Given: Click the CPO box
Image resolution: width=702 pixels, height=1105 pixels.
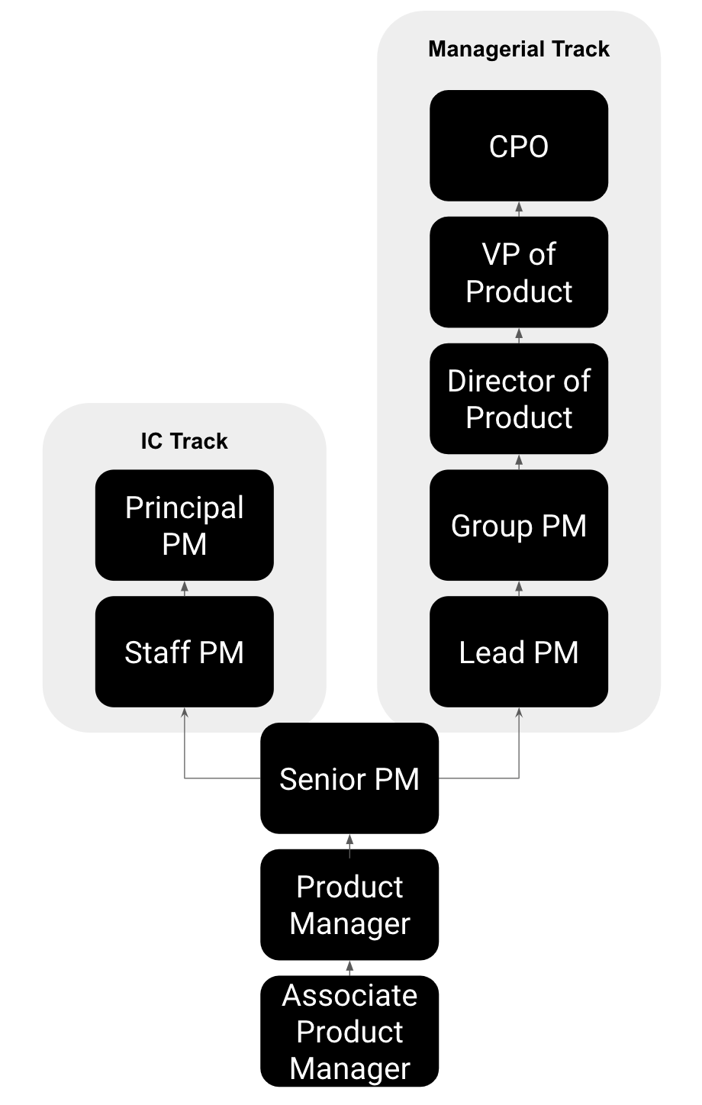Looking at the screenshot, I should [x=519, y=146].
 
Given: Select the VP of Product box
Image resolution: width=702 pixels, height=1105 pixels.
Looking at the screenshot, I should [x=519, y=272].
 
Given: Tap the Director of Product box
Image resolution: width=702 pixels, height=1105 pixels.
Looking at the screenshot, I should [x=519, y=398].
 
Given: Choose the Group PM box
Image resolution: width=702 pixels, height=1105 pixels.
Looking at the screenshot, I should [x=519, y=525].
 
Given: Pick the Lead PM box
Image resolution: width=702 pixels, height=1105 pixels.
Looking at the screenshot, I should [x=519, y=652].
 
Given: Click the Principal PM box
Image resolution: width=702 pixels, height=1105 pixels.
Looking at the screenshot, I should [x=184, y=525].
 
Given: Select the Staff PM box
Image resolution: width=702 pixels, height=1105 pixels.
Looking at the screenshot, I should [x=184, y=652].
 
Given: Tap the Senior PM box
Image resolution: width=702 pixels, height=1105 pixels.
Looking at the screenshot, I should [x=349, y=778].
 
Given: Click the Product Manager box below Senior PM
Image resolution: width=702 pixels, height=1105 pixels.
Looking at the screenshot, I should [x=349, y=904].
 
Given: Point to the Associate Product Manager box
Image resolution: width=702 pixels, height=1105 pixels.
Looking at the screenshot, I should [x=349, y=1031].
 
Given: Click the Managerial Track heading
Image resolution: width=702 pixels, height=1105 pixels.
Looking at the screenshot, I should [x=519, y=49].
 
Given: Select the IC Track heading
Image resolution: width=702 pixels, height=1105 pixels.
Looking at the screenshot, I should [x=184, y=441].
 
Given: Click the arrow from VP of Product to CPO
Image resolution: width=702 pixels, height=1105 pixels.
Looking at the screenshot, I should [x=519, y=209].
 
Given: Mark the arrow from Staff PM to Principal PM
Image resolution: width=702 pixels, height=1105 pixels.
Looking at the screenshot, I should [x=184, y=588].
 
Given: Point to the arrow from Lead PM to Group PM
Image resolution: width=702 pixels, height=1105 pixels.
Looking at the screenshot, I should [x=519, y=588].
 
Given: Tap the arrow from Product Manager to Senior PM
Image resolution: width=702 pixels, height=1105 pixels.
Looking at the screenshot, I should [x=349, y=842].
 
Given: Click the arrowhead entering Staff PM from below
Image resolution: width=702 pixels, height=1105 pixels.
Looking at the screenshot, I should [x=184, y=713].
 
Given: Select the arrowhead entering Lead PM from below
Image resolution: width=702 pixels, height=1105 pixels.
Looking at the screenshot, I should [x=519, y=713].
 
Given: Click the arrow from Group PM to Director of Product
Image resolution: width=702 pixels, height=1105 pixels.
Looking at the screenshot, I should [x=519, y=462].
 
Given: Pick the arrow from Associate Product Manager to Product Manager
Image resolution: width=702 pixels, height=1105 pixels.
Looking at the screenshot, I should [x=349, y=968].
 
